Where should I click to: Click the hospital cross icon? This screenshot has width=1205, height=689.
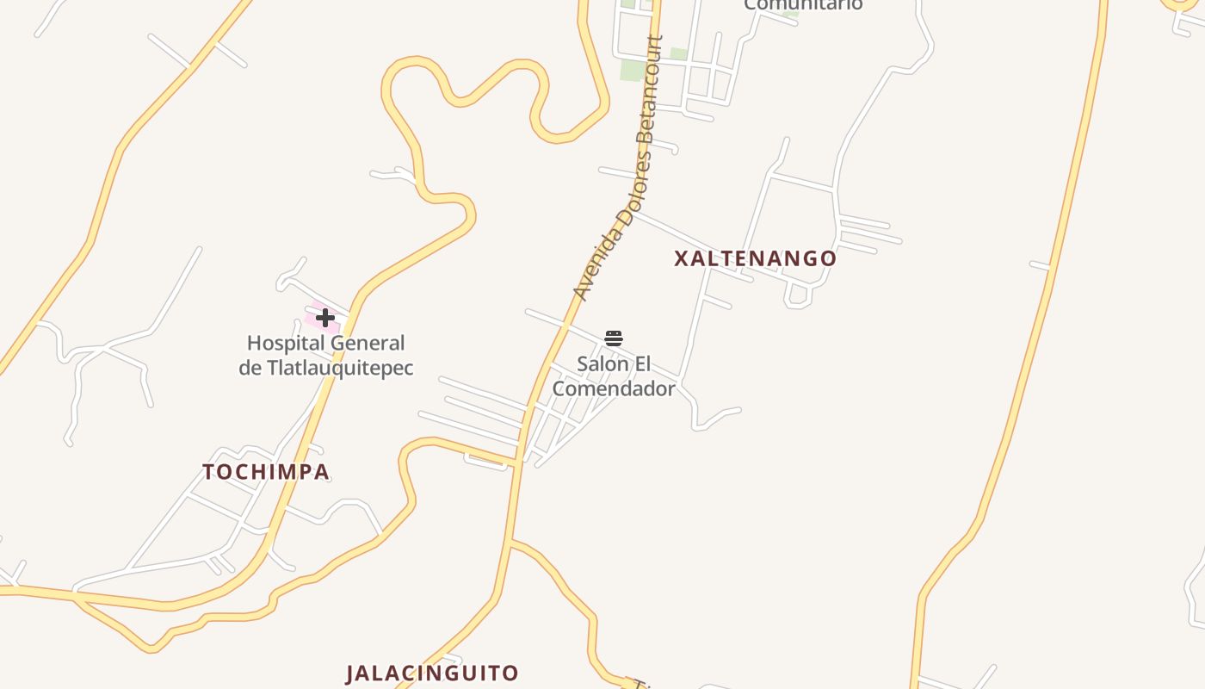pyautogui.click(x=324, y=318)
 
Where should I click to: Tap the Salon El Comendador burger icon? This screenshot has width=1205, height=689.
pyautogui.click(x=613, y=338)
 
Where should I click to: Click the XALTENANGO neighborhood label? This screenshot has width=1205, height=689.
pyautogui.click(x=755, y=258)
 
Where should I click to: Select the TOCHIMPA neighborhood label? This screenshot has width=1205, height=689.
pyautogui.click(x=266, y=472)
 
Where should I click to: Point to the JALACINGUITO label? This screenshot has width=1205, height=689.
pyautogui.click(x=432, y=673)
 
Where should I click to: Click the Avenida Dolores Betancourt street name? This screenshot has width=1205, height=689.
pyautogui.click(x=619, y=168)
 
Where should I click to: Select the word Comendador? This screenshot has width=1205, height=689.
pyautogui.click(x=614, y=388)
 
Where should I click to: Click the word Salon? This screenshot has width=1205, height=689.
pyautogui.click(x=602, y=363)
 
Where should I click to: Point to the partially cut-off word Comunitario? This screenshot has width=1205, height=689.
pyautogui.click(x=803, y=5)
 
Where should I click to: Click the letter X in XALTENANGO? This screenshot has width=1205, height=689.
pyautogui.click(x=681, y=258)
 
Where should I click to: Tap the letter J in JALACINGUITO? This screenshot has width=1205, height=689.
pyautogui.click(x=351, y=673)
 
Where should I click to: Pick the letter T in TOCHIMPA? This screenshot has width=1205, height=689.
pyautogui.click(x=208, y=472)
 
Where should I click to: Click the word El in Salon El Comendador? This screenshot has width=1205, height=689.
pyautogui.click(x=642, y=363)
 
